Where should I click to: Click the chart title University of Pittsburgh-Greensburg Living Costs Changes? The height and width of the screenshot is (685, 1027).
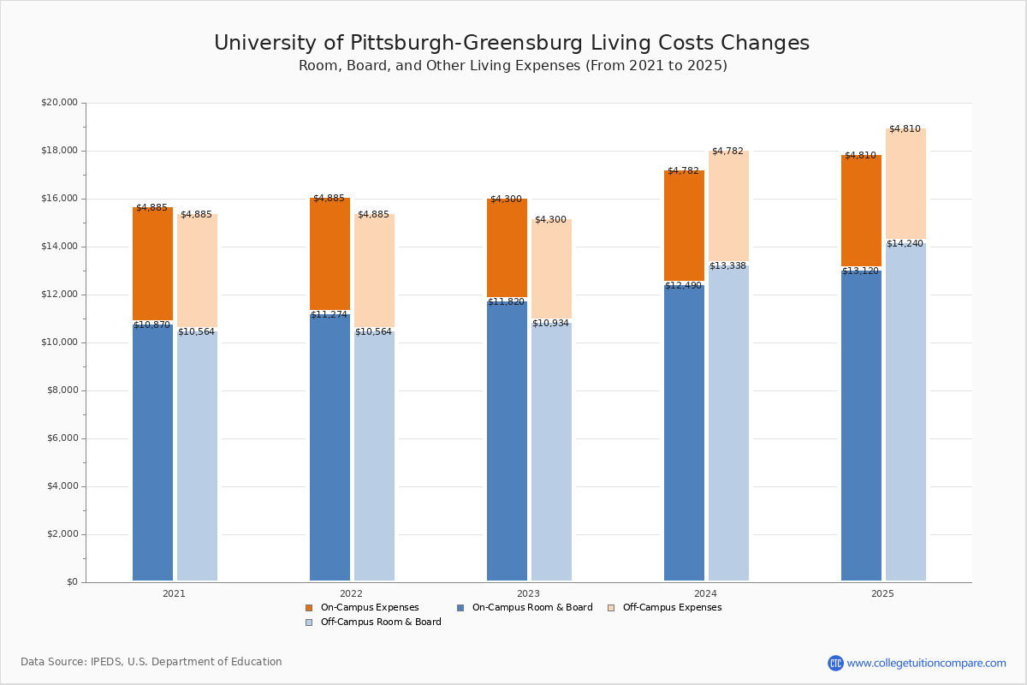tap(512, 44)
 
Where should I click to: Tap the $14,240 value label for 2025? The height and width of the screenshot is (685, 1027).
tap(905, 244)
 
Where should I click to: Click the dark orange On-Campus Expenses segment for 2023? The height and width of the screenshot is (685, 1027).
tap(507, 248)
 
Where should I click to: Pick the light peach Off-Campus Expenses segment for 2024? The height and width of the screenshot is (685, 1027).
tap(728, 205)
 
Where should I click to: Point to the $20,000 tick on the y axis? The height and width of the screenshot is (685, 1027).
tap(59, 103)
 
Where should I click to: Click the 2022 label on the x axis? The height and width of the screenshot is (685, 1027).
tap(351, 593)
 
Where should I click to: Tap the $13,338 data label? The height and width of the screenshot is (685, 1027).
tap(727, 266)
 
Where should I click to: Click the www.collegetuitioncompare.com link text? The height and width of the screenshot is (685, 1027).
tap(926, 663)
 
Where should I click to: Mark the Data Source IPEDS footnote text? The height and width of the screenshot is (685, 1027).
tap(151, 662)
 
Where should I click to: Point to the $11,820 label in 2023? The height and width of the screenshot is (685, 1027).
tap(506, 302)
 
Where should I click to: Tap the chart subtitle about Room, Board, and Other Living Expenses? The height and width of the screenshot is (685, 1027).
tap(513, 66)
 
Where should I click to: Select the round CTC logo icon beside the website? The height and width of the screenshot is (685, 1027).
tap(835, 663)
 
